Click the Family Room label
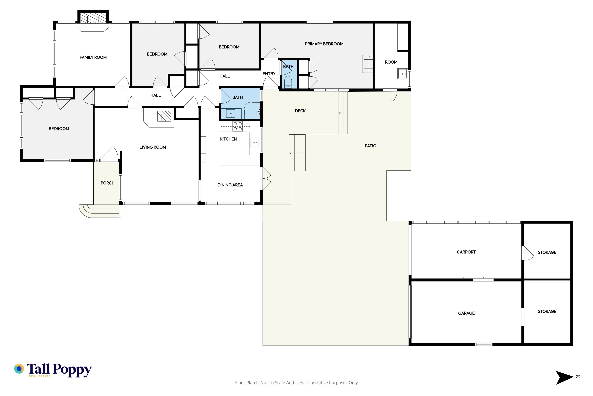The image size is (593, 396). pos(93,57)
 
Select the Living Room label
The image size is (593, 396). pos(153,147)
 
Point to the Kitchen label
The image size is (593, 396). pos(228,139)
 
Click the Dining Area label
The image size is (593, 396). pos(230,185)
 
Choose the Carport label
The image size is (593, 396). pos(466,252)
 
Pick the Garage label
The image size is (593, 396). pos(466,313)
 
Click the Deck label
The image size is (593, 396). pos(300,111)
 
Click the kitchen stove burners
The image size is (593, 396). pos(238,126)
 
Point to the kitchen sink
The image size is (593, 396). pos(254,142)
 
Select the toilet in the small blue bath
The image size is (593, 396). pos(288,82)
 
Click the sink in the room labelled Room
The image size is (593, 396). pos(403,74)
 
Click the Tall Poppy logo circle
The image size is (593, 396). pos(19,369)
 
